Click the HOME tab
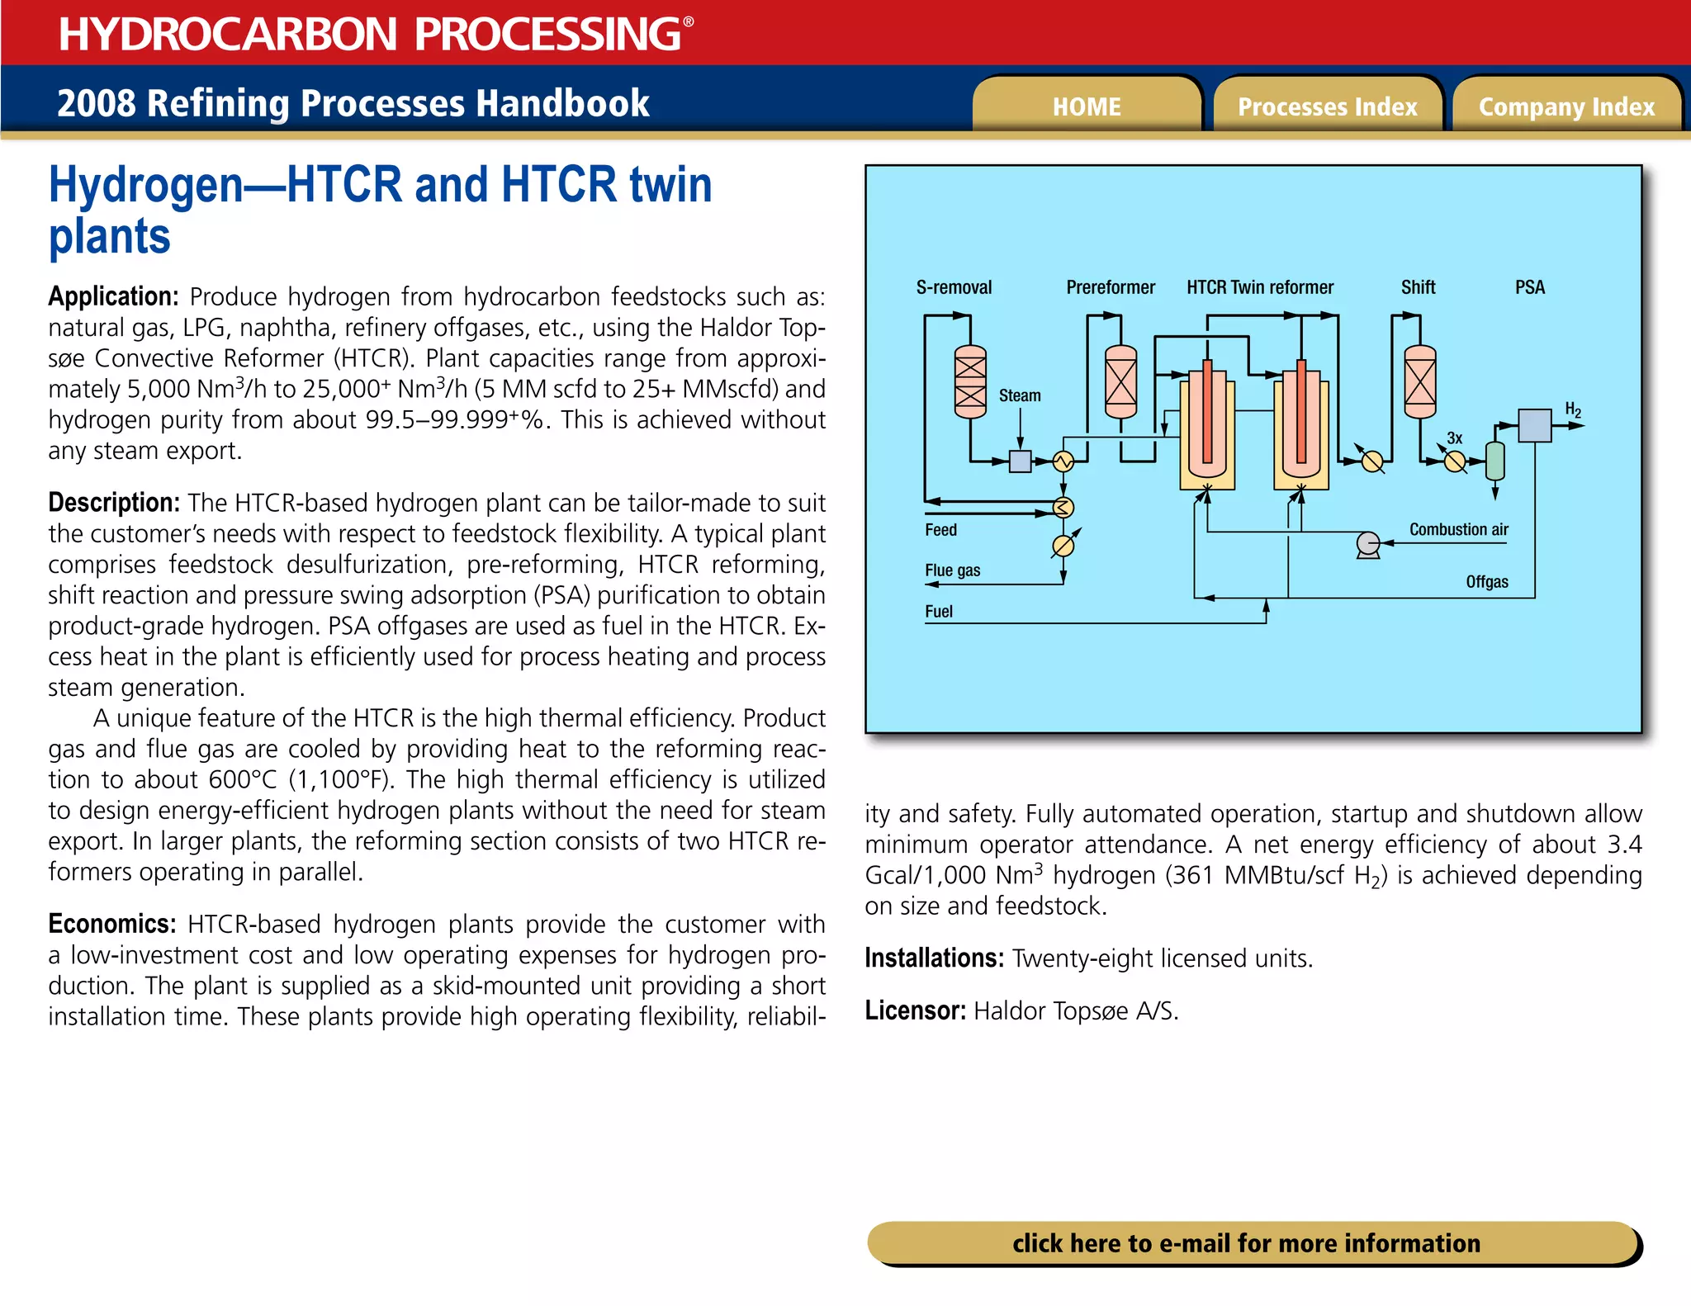pos(1086,106)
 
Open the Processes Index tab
pos(1327,106)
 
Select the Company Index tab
pos(1566,106)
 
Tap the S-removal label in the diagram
pos(954,287)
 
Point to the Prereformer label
pos(1111,287)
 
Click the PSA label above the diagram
pos(1529,287)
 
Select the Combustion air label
pos(1458,529)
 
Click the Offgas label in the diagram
pos(1486,582)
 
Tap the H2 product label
pos(1573,410)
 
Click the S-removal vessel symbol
pos(970,381)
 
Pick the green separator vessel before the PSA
pos(1494,461)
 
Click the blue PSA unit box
pos(1534,426)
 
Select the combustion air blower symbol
pos(1368,544)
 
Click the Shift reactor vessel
pos(1419,381)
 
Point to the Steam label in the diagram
pos(1020,395)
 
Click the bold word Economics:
pos(112,923)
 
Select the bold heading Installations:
pos(934,958)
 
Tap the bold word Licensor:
pos(915,1010)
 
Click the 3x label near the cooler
pos(1454,438)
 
